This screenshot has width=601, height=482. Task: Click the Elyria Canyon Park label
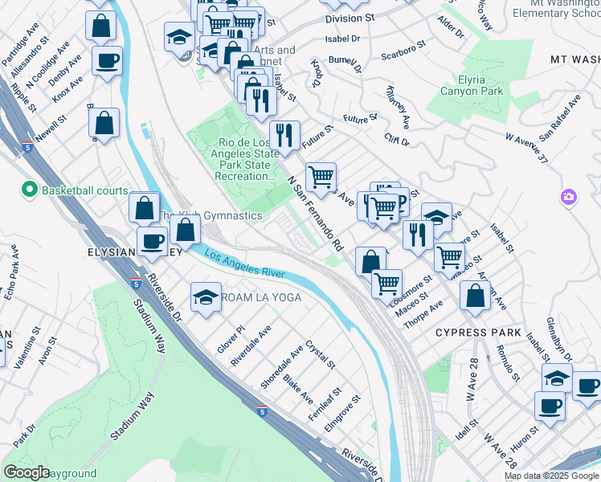(472, 85)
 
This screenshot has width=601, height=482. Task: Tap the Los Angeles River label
(245, 264)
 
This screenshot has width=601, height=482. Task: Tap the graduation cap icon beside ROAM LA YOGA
(206, 296)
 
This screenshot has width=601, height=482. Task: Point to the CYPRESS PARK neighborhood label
(480, 332)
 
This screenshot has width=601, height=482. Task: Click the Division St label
(350, 17)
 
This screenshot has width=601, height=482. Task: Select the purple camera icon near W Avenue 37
(569, 197)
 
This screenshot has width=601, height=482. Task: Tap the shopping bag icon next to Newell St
(104, 124)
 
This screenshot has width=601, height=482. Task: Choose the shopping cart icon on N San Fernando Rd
(321, 176)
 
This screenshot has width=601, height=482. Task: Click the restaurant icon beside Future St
(284, 134)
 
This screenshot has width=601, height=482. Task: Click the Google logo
(26, 472)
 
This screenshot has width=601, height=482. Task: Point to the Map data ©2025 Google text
(550, 476)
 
